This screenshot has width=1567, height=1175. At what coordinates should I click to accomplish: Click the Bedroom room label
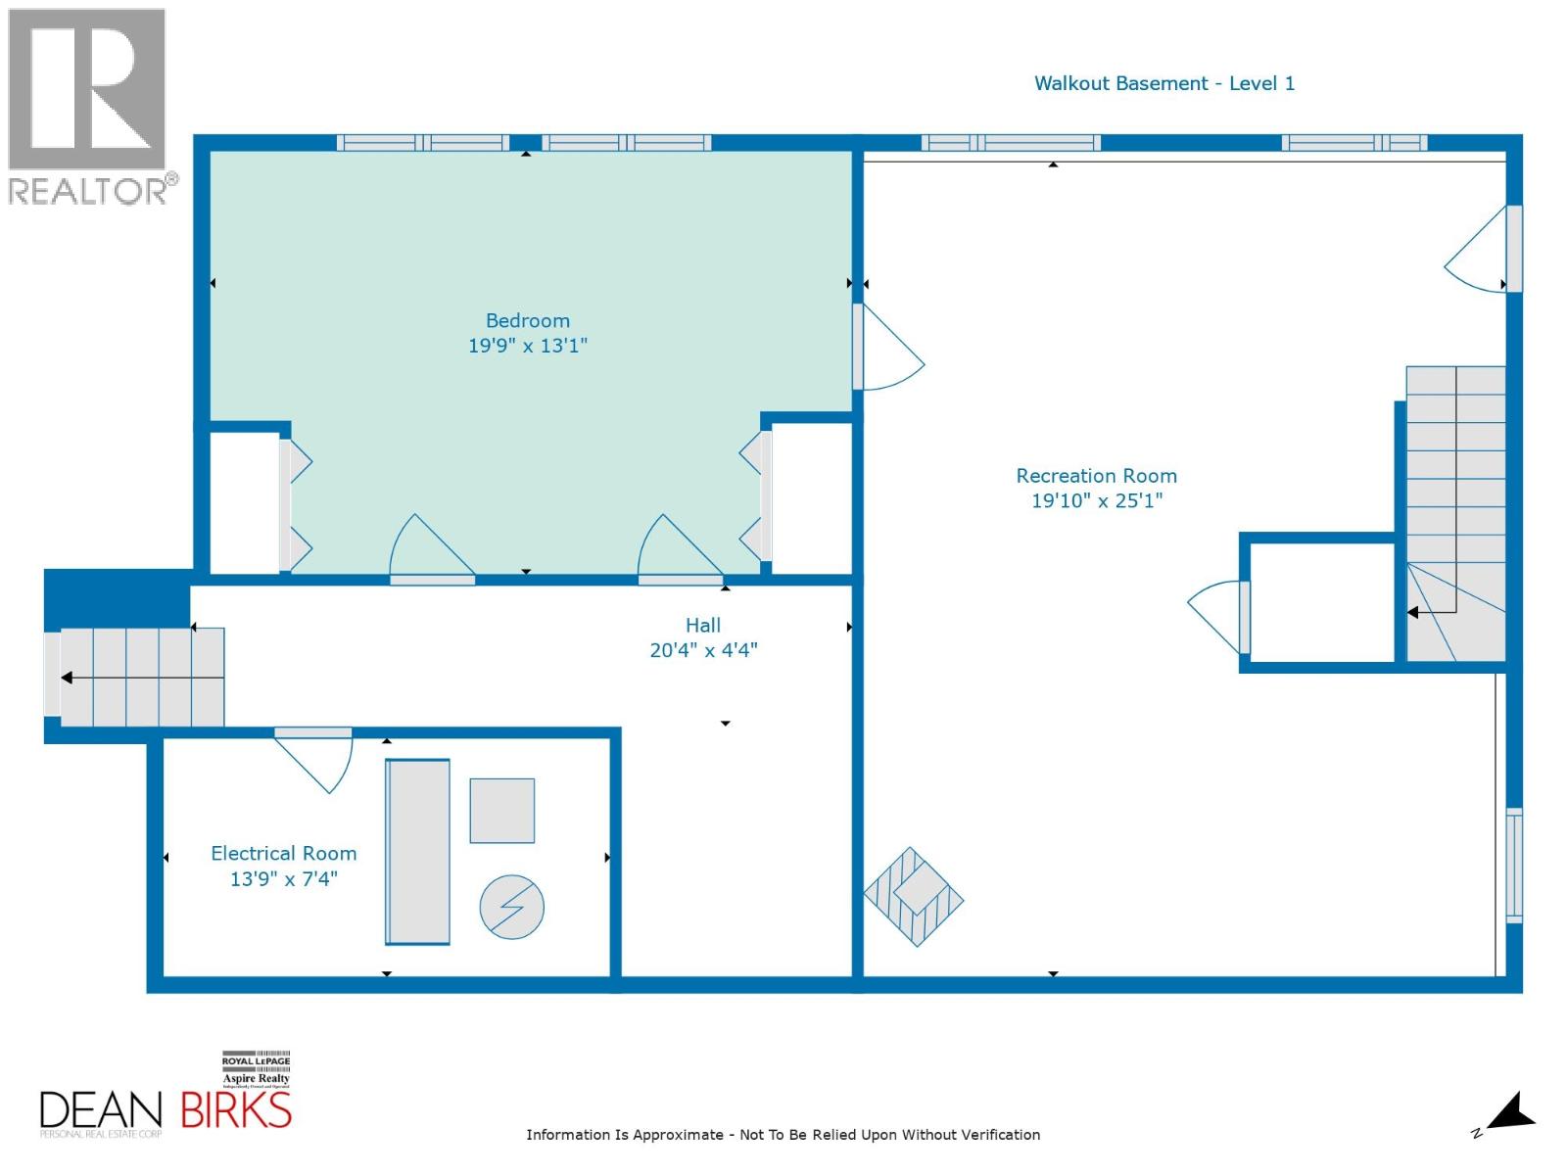(x=527, y=320)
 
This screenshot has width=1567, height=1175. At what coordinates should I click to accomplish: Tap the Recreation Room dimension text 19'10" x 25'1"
(x=1096, y=500)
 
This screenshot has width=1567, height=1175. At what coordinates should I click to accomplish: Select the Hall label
(x=702, y=625)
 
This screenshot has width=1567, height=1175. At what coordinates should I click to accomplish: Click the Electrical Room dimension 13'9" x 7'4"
(x=283, y=878)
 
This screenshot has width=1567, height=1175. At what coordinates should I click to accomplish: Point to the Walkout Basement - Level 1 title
(x=1163, y=83)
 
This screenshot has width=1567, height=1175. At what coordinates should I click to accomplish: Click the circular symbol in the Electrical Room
(x=511, y=907)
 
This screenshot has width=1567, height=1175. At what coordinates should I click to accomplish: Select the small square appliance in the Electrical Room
(x=501, y=811)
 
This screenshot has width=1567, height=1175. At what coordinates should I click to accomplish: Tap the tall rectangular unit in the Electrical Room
(x=417, y=852)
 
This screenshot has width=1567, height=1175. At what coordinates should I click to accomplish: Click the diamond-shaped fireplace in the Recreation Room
(x=913, y=897)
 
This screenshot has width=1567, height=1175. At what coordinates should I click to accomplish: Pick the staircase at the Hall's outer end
(x=137, y=678)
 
